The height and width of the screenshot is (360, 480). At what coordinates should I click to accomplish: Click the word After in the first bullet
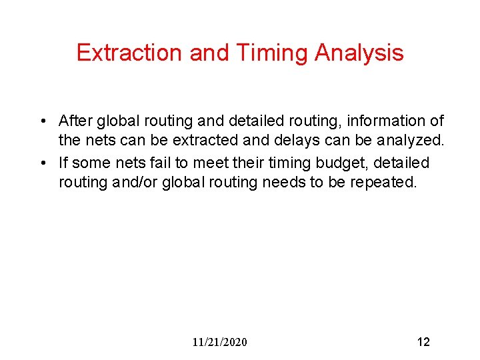click(75, 121)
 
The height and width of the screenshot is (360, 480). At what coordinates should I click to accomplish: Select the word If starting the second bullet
click(63, 162)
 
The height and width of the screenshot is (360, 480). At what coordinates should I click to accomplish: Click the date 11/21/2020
click(219, 342)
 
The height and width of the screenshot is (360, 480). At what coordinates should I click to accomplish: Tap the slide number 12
click(423, 342)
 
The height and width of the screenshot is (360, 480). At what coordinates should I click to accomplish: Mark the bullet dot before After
click(42, 121)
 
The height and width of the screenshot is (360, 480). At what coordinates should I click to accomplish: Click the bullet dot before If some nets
click(42, 163)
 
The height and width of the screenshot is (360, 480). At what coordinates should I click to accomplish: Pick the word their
click(247, 162)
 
